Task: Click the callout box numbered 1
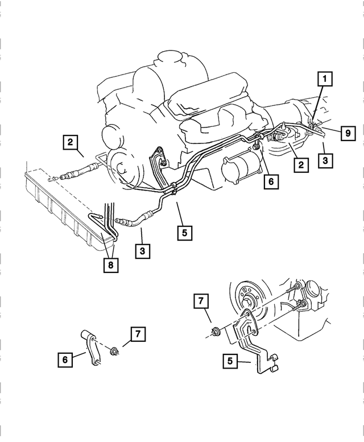[325, 78]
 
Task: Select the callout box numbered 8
[111, 265]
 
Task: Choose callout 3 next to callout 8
[143, 251]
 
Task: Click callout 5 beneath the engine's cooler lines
[184, 232]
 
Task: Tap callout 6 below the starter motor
[271, 181]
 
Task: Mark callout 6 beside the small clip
[65, 360]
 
